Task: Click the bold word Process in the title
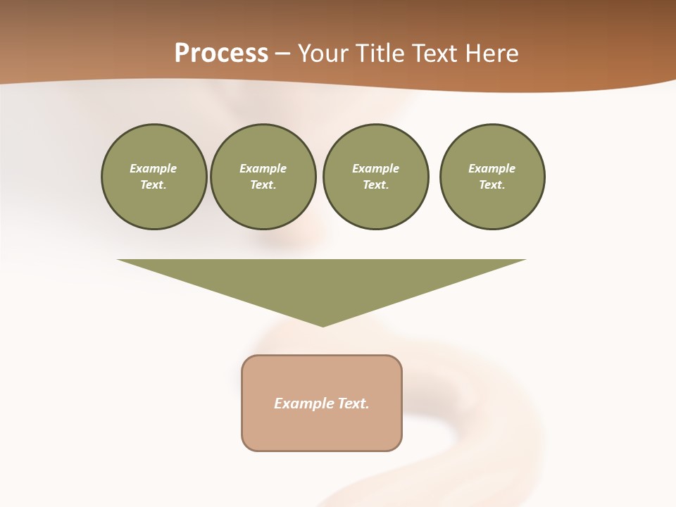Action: click(x=221, y=54)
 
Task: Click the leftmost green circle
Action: click(x=154, y=177)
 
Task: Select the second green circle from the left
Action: click(x=263, y=177)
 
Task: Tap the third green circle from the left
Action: click(x=375, y=177)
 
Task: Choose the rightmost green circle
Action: click(x=492, y=177)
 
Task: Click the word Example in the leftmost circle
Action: click(x=154, y=168)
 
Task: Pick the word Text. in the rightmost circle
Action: click(x=492, y=185)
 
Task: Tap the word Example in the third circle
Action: click(x=375, y=168)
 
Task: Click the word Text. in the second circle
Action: click(x=263, y=185)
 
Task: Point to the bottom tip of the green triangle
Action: click(x=323, y=325)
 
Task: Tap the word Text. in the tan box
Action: click(x=353, y=403)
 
